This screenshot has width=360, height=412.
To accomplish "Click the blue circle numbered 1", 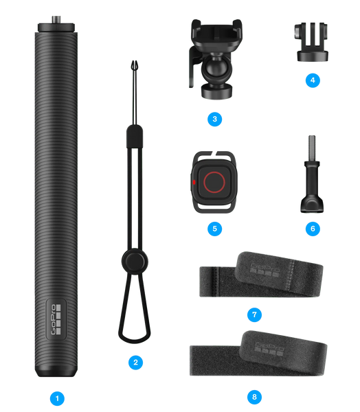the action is click(57, 398).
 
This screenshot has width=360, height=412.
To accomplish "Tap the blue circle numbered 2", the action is click(135, 363).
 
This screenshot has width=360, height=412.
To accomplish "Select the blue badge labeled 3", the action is click(214, 119).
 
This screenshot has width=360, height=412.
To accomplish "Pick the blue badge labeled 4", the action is click(313, 80).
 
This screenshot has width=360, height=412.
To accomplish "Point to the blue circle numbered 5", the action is click(214, 229).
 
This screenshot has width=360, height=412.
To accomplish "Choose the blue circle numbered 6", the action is click(313, 229).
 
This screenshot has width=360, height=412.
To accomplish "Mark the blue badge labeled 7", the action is click(254, 314).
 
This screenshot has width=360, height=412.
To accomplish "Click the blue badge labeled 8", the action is click(254, 397).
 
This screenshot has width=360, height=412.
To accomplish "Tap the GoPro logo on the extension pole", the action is click(56, 319).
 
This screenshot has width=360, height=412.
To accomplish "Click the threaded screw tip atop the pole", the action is click(56, 20).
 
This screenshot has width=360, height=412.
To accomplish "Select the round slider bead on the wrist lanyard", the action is click(135, 262).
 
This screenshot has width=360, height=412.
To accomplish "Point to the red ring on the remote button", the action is click(214, 182).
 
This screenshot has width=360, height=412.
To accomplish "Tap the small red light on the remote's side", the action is click(194, 182).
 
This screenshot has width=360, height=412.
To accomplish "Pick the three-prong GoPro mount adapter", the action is click(312, 42).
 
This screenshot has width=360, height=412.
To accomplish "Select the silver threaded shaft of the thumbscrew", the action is click(312, 148).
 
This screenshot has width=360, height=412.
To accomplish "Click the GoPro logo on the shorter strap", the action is click(265, 271).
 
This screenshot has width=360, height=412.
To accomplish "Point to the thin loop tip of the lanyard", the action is click(135, 66).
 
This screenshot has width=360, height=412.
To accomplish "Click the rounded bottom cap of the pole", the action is click(56, 371).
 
